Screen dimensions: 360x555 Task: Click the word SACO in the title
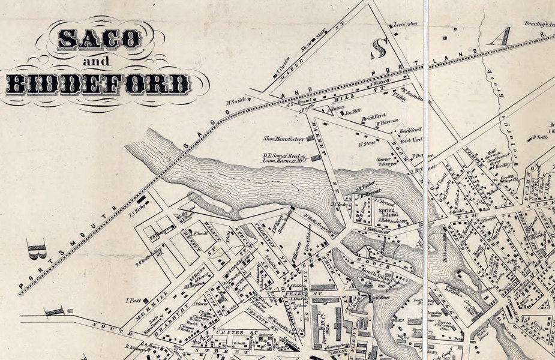pyautogui.click(x=100, y=40)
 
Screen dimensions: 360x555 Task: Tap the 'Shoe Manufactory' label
pyautogui.click(x=284, y=139)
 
